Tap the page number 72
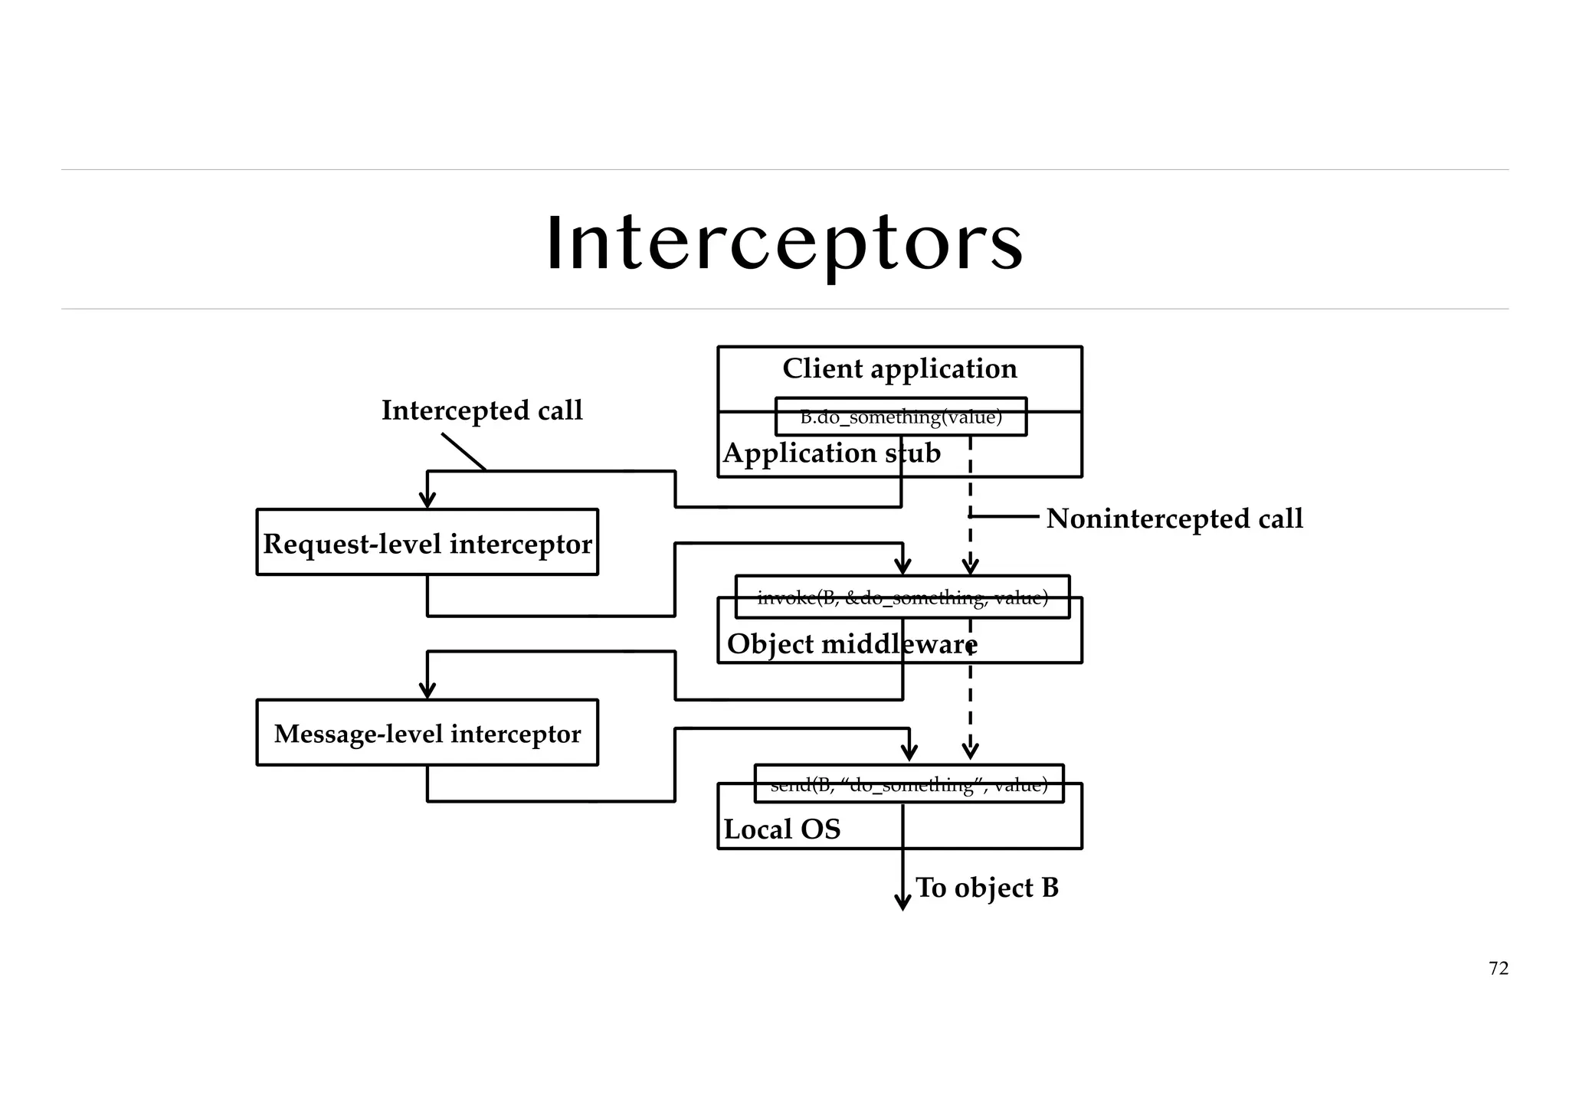1498,968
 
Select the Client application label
899,368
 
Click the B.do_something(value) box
900,417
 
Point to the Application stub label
831,453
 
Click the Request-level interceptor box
427,542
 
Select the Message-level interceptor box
427,733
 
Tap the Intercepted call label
482,411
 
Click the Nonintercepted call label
1174,519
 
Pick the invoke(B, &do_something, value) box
902,597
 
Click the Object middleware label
851,644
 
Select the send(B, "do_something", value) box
909,784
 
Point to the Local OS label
781,829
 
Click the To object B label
987,888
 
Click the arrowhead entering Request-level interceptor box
427,500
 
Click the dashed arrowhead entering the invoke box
970,567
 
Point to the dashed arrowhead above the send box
970,751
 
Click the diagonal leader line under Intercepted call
463,452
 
